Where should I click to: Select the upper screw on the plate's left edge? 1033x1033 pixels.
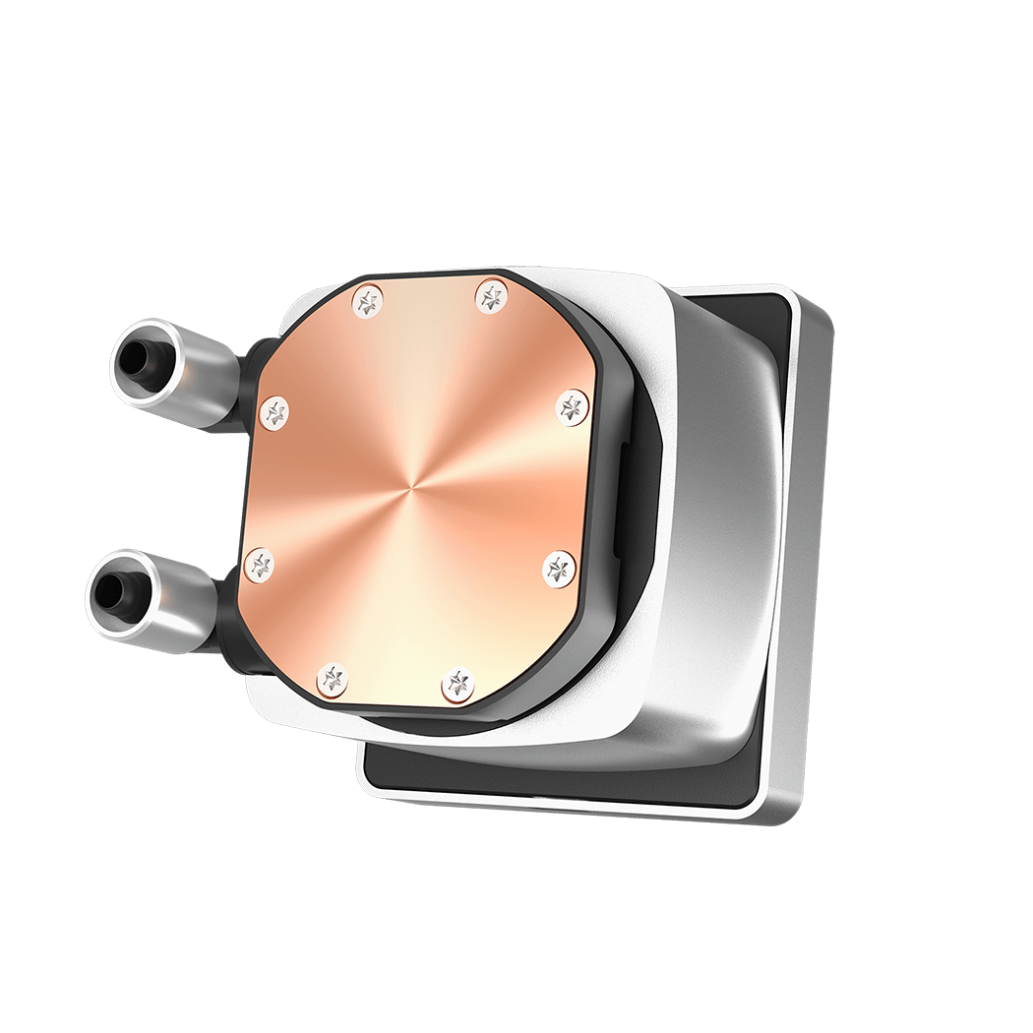(x=275, y=411)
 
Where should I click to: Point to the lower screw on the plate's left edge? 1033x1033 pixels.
(x=261, y=563)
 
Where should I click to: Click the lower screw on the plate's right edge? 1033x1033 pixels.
(x=559, y=567)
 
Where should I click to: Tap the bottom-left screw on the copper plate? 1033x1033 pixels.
(x=333, y=677)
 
